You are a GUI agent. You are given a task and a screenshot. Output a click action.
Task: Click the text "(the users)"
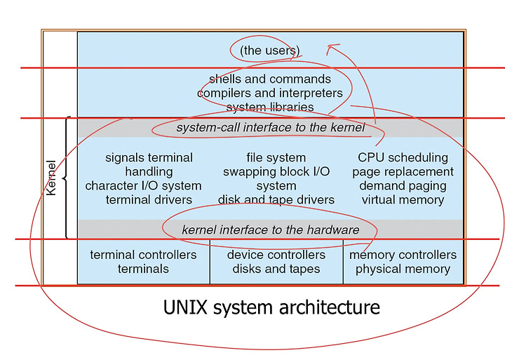(x=270, y=51)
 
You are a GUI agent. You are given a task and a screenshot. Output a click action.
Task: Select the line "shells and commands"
(x=270, y=79)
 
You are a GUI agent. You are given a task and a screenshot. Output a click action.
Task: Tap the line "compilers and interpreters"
(x=270, y=93)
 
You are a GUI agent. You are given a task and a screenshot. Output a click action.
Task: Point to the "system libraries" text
(x=270, y=107)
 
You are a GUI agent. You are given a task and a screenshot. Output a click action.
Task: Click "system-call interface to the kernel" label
(x=271, y=128)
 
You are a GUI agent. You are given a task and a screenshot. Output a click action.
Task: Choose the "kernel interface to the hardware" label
(x=271, y=229)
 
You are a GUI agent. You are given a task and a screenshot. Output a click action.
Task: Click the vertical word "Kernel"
(x=51, y=178)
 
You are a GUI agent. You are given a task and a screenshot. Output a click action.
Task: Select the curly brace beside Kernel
(x=67, y=178)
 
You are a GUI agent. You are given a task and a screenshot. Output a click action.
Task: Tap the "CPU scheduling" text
(x=403, y=157)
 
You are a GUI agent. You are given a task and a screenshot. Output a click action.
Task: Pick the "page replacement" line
(x=403, y=172)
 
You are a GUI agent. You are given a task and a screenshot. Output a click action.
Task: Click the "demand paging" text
(x=403, y=186)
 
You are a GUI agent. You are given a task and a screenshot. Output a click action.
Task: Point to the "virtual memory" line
(x=403, y=200)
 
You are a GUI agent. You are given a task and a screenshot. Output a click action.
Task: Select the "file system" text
(x=276, y=157)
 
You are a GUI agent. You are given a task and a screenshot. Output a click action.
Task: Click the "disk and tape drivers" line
(x=276, y=200)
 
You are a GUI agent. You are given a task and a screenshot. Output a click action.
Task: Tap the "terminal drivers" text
(x=149, y=200)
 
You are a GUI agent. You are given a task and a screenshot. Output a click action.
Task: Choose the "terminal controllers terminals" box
(x=144, y=262)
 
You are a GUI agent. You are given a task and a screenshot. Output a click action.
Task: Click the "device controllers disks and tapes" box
(x=276, y=262)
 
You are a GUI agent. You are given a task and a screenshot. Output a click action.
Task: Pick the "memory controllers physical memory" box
(x=403, y=262)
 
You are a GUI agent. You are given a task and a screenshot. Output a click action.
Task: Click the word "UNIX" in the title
(x=185, y=307)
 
